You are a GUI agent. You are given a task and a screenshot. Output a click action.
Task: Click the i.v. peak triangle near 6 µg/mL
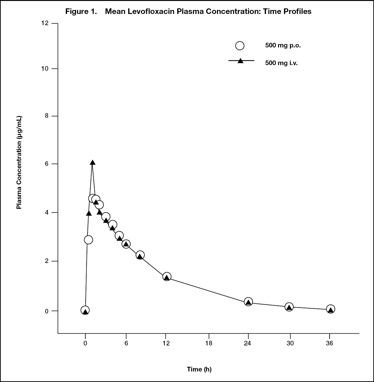click(92, 162)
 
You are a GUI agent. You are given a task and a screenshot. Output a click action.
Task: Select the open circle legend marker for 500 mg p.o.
click(240, 46)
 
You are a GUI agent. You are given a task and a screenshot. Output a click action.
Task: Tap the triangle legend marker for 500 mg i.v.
click(240, 61)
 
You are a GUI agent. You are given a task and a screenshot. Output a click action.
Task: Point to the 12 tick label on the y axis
click(45, 23)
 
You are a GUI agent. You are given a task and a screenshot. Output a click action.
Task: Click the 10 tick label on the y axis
click(45, 69)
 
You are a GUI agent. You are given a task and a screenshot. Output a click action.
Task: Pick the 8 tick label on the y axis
click(47, 116)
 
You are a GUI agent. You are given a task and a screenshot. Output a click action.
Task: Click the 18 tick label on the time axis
click(209, 343)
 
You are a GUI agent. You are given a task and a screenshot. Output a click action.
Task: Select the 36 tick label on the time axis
click(330, 343)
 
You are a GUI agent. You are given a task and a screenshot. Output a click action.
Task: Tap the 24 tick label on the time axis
click(248, 343)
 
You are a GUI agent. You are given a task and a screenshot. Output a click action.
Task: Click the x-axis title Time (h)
click(199, 369)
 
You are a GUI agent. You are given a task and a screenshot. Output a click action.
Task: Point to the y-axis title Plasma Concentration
click(19, 162)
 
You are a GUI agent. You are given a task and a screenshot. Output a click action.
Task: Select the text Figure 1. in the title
click(81, 11)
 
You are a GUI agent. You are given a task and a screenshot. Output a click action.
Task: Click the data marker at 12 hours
click(167, 277)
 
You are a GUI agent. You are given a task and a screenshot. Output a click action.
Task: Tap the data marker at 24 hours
click(248, 302)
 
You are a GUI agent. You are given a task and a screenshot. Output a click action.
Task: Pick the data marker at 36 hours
click(331, 309)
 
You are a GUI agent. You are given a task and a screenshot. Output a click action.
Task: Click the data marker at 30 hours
click(289, 307)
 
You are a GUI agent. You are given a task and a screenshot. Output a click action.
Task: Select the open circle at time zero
click(85, 310)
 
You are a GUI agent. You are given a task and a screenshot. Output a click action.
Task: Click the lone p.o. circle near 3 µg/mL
click(88, 240)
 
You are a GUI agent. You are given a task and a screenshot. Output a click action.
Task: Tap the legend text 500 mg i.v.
click(282, 63)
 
